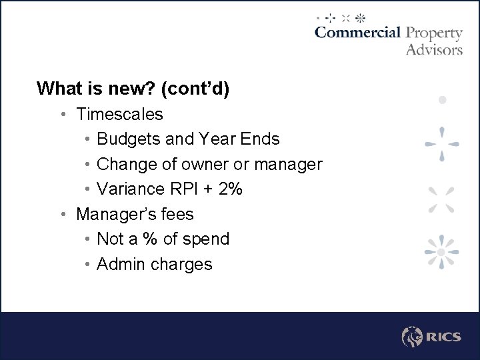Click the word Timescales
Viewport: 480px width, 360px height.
pyautogui.click(x=119, y=114)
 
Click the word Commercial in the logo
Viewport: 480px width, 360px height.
pyautogui.click(x=357, y=33)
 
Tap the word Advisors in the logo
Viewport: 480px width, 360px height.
pyautogui.click(x=434, y=49)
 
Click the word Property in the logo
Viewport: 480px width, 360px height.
pyautogui.click(x=434, y=33)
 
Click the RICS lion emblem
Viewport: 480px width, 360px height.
pyautogui.click(x=413, y=337)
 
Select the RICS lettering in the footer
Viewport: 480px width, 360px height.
pyautogui.click(x=444, y=337)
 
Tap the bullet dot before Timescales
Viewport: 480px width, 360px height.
pyautogui.click(x=61, y=114)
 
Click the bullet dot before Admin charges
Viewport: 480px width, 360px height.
pyautogui.click(x=88, y=264)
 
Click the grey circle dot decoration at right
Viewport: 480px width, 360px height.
pyautogui.click(x=441, y=100)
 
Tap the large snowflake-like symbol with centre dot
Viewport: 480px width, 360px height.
pyautogui.click(x=441, y=252)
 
